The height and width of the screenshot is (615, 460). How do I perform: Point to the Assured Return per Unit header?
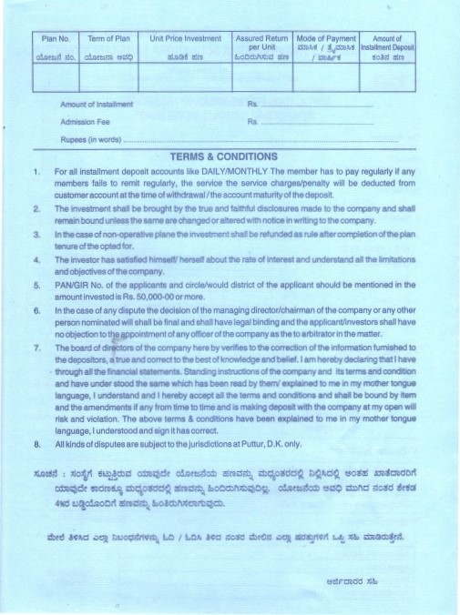pos(261,43)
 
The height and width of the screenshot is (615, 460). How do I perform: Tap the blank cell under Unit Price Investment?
pos(185,76)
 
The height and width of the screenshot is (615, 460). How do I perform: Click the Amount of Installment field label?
pos(96,106)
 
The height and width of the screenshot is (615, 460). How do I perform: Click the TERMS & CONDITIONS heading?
pos(230,156)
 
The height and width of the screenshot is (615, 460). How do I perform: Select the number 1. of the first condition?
pos(36,171)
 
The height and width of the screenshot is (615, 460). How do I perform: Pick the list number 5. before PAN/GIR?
pos(36,285)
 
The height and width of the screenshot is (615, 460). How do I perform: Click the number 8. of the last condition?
pos(36,443)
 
